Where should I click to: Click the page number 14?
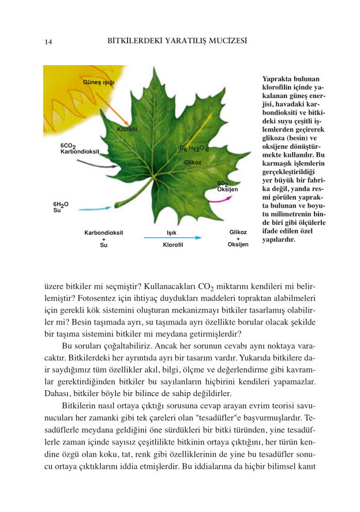[x=48, y=42]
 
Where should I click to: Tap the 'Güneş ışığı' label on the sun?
[x=99, y=82]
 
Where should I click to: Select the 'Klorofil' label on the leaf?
[x=126, y=129]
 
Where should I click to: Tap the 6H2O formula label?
[x=61, y=204]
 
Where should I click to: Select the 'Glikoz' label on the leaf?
[x=192, y=163]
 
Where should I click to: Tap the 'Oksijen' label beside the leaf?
[x=227, y=189]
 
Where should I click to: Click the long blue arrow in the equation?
[x=172, y=238]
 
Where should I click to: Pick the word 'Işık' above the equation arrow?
[x=171, y=232]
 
